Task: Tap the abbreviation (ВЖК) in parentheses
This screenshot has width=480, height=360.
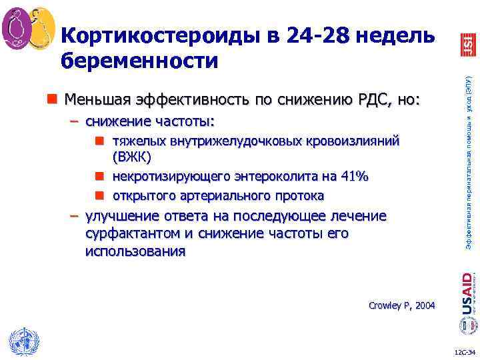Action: [x=132, y=157]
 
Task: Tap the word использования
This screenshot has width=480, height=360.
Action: [x=136, y=252]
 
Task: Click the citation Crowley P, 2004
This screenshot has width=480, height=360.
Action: [x=401, y=305]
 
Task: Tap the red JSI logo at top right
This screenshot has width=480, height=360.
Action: [x=467, y=44]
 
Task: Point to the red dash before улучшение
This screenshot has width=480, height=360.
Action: [x=75, y=216]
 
